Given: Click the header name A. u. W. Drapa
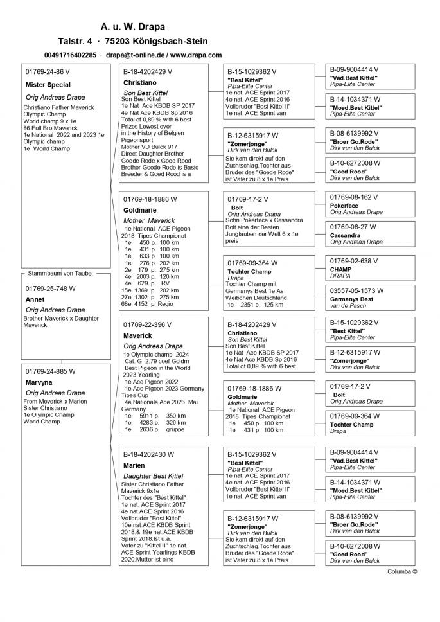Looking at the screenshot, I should (132, 27).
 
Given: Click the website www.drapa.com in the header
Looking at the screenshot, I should (196, 55).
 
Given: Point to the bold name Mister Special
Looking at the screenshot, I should (48, 85).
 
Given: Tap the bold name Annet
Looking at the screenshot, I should (35, 299).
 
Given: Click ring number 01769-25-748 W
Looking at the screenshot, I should (51, 289).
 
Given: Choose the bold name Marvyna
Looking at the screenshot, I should (40, 382).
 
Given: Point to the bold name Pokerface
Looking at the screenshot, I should (344, 206).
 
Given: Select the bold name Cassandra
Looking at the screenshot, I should (346, 236).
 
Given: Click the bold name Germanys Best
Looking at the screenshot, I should (351, 299).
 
